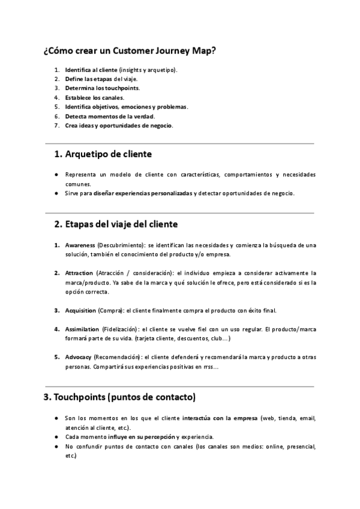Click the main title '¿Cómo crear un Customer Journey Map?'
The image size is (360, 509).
pyautogui.click(x=130, y=51)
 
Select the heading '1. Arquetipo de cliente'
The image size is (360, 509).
pyautogui.click(x=103, y=154)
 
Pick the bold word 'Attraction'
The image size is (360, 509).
pyautogui.click(x=79, y=273)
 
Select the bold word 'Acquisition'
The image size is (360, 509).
pyautogui.click(x=80, y=310)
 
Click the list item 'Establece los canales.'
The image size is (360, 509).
pyautogui.click(x=95, y=97)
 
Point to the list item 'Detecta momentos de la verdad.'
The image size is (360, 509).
pyautogui.click(x=110, y=116)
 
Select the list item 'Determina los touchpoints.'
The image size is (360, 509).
pyautogui.click(x=103, y=88)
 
